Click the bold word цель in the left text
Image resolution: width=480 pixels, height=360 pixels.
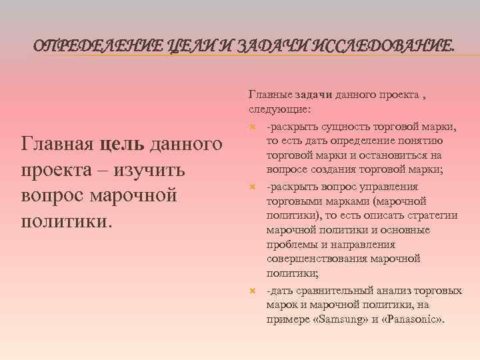(x=125, y=143)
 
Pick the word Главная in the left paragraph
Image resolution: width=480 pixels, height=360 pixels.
(x=59, y=143)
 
